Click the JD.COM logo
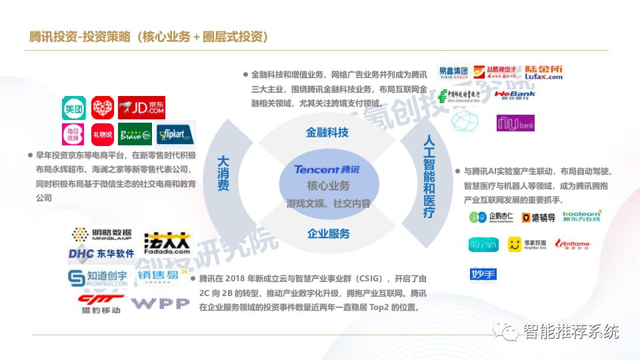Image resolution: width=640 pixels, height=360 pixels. (x=141, y=107)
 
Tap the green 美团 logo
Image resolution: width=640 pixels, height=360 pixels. (x=73, y=107)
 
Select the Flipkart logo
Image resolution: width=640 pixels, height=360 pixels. (x=175, y=134)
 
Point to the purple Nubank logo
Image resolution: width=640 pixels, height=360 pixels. (x=515, y=123)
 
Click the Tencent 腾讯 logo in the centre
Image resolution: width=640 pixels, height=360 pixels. (x=327, y=169)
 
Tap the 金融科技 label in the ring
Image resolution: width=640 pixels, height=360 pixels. (x=327, y=132)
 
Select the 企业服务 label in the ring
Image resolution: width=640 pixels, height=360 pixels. (x=328, y=233)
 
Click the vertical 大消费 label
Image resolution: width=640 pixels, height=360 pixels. (x=223, y=173)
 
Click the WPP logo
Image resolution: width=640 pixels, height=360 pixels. (x=160, y=304)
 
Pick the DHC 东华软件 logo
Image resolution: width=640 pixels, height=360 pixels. (x=101, y=254)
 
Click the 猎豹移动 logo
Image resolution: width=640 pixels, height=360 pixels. (x=101, y=304)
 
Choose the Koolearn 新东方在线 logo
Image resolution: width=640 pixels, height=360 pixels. (x=581, y=216)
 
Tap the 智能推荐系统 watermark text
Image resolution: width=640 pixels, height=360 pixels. (x=571, y=331)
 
